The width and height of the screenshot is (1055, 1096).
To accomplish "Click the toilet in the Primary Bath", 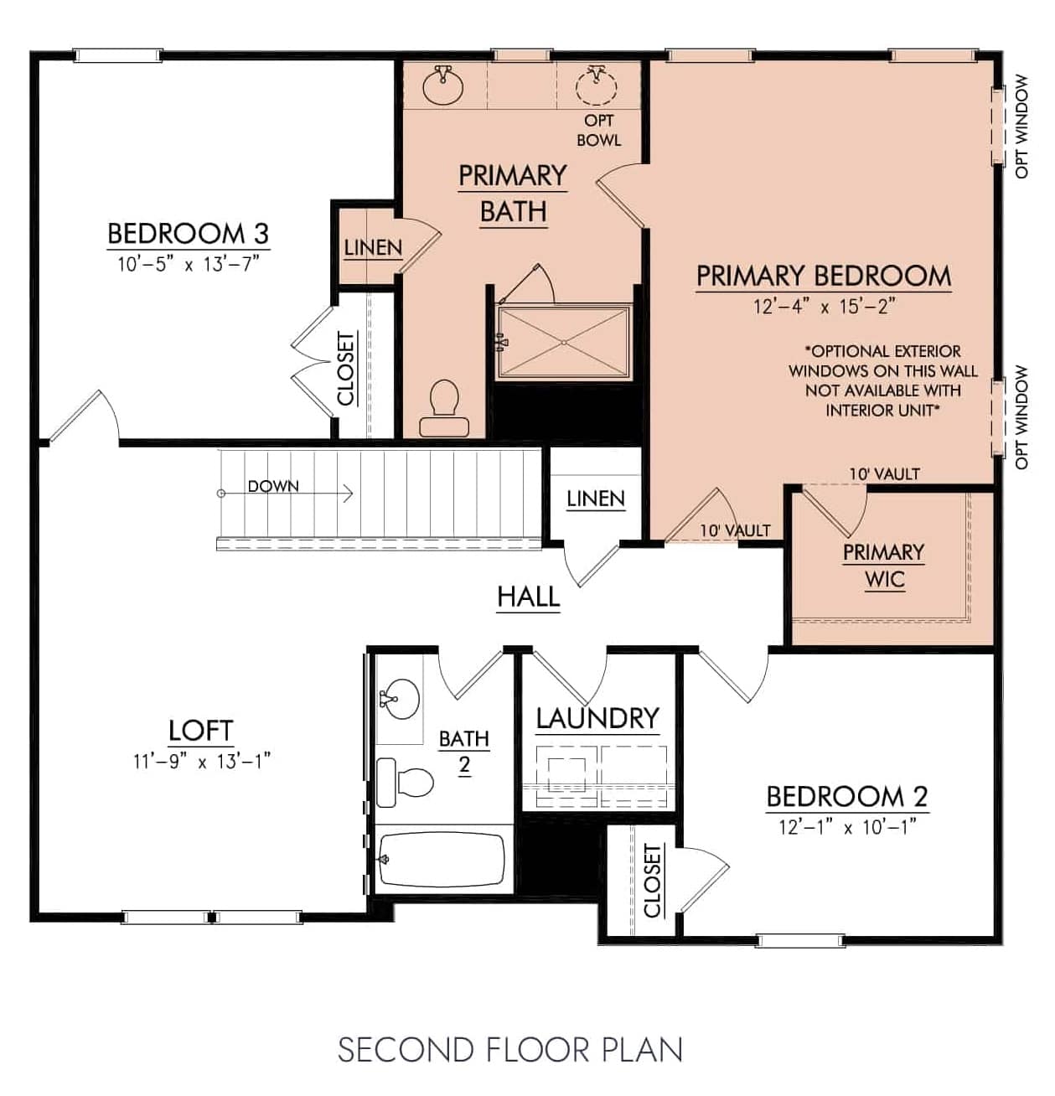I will [x=444, y=407].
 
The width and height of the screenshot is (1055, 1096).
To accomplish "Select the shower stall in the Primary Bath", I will [x=563, y=343].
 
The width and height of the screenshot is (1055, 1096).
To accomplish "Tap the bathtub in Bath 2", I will [x=442, y=860].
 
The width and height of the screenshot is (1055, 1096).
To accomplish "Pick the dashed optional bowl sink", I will [x=596, y=85].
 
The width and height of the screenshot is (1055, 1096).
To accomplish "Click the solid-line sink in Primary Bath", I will [x=442, y=85].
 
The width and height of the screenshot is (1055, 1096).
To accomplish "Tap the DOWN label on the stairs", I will [x=273, y=486].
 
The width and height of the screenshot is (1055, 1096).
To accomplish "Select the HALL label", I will [x=528, y=597].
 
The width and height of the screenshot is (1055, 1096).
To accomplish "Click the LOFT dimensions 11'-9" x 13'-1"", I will [x=201, y=761].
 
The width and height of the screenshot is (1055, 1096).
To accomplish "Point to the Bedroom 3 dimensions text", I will [x=188, y=264].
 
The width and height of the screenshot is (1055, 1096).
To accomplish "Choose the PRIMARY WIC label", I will [x=883, y=566].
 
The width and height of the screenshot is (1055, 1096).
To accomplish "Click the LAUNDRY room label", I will [x=597, y=718].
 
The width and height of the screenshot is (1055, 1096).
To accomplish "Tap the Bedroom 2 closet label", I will [x=652, y=881].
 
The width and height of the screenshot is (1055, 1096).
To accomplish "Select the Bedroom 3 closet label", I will [x=346, y=369].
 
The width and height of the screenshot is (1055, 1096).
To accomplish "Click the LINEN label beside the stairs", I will [x=595, y=499].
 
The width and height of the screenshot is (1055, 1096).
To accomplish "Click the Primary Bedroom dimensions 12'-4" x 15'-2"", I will [x=824, y=306].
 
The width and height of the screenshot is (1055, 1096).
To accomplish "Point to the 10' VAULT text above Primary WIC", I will [x=884, y=474].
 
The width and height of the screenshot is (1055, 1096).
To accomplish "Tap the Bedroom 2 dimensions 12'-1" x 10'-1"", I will [x=847, y=827].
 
